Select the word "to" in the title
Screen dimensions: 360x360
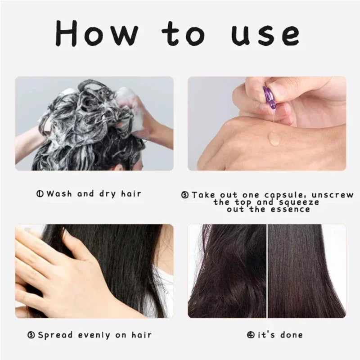coord(184,34)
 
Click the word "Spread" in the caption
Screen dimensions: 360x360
coord(54,335)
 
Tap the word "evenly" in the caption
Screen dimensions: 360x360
coord(95,335)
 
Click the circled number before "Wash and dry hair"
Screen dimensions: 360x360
coord(40,194)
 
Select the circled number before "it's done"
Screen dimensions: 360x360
coord(250,335)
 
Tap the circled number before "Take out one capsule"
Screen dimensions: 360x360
coord(184,195)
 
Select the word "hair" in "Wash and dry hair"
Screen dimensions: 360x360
coord(130,194)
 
